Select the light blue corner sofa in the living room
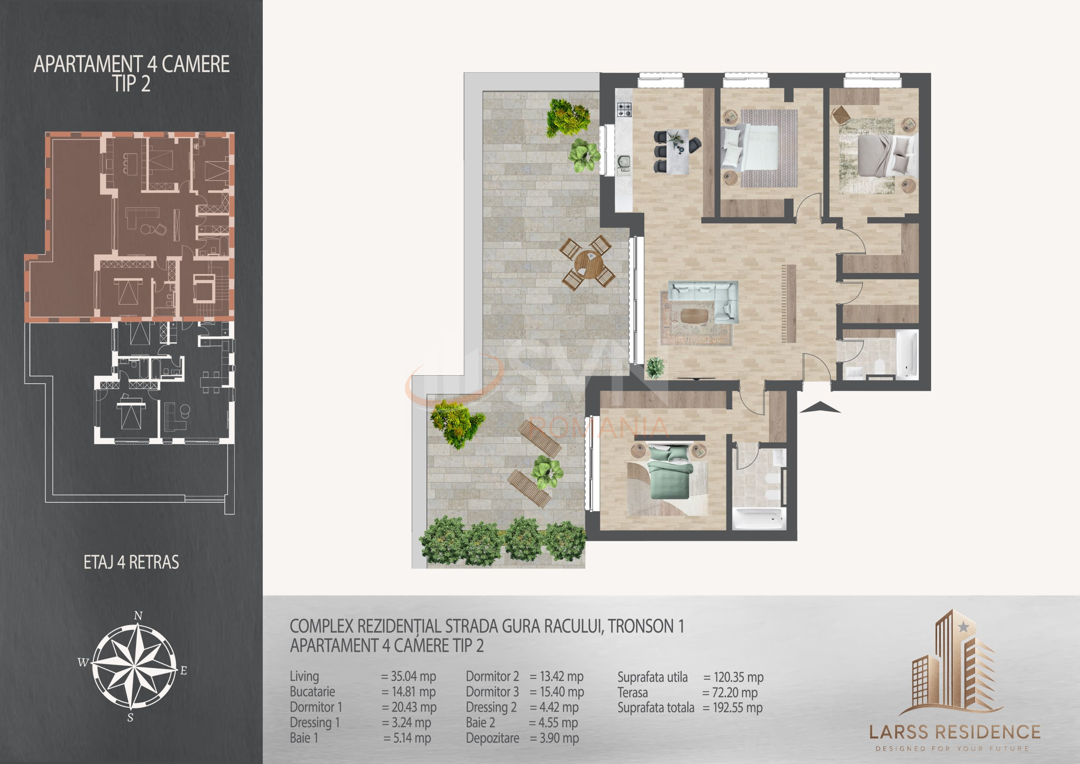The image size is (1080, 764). [703, 301]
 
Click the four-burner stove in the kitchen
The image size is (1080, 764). [624, 110]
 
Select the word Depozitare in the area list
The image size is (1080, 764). [492, 738]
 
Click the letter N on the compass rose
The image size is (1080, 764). [138, 616]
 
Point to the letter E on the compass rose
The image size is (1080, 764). [184, 671]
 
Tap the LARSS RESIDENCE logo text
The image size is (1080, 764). [954, 732]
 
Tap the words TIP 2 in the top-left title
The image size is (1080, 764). [132, 84]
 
